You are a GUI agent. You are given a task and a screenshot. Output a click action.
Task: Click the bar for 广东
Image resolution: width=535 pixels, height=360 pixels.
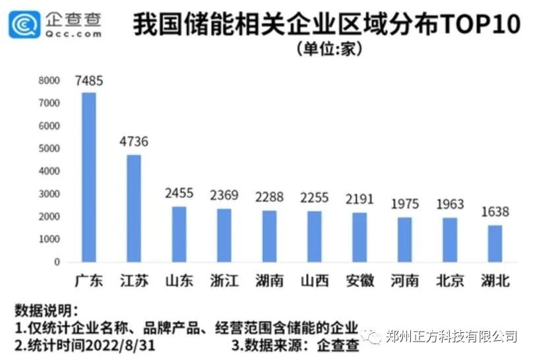tap(88, 177)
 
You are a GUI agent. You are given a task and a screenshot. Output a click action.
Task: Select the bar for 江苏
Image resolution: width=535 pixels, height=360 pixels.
tap(134, 208)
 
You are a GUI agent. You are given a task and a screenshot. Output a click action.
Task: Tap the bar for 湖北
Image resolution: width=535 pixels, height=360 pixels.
tap(495, 243)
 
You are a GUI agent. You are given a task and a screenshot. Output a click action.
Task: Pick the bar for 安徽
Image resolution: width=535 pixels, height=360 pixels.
tap(360, 237)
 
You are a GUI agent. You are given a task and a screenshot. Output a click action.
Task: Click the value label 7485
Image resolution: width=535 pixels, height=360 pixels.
tap(89, 81)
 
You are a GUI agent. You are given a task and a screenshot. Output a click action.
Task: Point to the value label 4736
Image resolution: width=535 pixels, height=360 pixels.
tap(134, 142)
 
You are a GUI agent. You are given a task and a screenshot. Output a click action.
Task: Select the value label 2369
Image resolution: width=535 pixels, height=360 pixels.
tap(224, 195)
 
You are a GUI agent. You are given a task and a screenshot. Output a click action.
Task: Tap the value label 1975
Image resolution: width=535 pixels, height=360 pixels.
tap(404, 204)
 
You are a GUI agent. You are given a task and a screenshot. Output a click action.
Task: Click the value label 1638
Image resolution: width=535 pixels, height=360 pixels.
tap(495, 212)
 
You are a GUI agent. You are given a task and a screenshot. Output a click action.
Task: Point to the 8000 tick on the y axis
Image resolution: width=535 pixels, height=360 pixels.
tap(49, 80)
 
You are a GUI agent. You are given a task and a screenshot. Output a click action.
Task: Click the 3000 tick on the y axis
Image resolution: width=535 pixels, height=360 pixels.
tap(49, 194)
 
